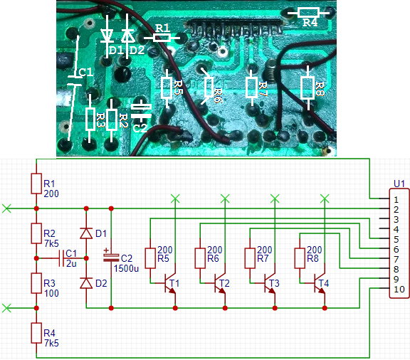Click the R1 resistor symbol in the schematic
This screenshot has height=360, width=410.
click(36, 184)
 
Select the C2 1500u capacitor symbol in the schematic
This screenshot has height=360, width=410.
click(111, 258)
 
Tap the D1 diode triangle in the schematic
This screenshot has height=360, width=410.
click(86, 233)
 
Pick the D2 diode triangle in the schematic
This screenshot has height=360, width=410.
click(86, 283)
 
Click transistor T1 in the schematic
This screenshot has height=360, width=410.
click(170, 283)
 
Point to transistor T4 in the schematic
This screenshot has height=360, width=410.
click(320, 283)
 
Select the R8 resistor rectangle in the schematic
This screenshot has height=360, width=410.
click(300, 258)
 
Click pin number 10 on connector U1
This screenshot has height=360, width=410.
click(399, 290)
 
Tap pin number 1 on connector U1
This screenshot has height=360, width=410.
click(396, 200)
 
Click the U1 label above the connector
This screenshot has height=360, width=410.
click(399, 184)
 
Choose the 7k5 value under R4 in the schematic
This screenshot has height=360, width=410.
click(51, 343)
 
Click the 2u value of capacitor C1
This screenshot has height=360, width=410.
click(71, 263)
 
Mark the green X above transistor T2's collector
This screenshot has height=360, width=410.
click(225, 198)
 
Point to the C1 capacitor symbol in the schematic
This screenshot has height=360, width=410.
click(62, 258)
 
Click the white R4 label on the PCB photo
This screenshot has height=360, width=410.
click(310, 23)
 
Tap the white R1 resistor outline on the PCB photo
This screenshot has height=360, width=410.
click(162, 38)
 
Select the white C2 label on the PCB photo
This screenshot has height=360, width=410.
click(140, 128)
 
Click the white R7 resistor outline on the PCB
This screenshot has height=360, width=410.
click(251, 88)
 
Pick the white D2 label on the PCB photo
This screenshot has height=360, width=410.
click(137, 51)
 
